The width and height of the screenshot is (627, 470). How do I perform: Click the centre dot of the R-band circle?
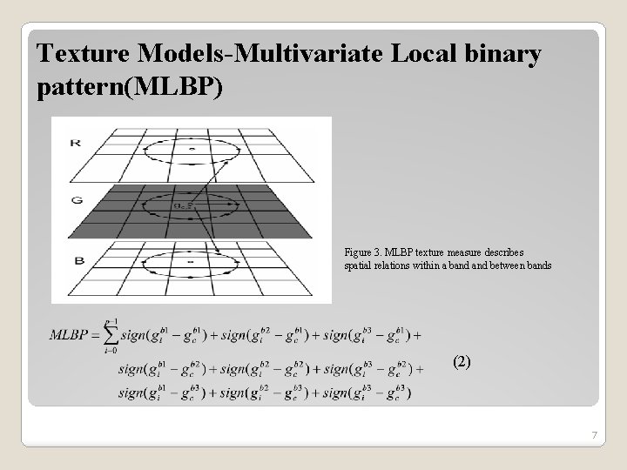click(192, 150)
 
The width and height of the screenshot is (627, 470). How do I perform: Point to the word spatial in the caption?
click(359, 265)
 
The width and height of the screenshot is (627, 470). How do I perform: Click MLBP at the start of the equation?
click(71, 335)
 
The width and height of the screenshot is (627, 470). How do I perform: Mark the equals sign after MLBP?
click(99, 335)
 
